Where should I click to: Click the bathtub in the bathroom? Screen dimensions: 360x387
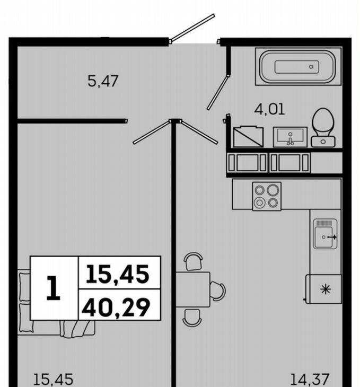click(298, 67)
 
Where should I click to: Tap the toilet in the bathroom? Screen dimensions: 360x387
click(323, 128)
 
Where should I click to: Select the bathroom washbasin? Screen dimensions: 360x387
click(290, 137)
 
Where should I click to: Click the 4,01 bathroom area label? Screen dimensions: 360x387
click(269, 109)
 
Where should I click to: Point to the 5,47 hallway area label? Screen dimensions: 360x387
click(103, 81)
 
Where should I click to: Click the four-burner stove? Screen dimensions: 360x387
click(267, 196)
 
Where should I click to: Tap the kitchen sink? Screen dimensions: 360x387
click(325, 234)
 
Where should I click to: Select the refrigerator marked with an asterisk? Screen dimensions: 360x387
click(324, 289)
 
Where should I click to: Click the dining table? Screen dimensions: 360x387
click(192, 289)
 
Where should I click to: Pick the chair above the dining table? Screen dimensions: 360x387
click(194, 261)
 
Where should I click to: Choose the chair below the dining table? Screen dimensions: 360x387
click(192, 318)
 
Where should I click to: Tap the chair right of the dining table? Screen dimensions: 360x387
click(218, 291)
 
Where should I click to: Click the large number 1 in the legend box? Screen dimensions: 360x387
click(54, 288)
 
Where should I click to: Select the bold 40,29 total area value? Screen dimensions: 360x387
click(116, 307)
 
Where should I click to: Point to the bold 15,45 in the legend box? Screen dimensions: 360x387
click(118, 274)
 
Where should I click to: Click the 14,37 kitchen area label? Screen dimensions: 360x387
click(310, 380)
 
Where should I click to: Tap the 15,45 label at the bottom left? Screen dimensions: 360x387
click(53, 380)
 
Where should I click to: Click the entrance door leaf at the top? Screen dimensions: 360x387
click(192, 28)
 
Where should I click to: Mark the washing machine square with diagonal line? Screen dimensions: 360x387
click(249, 137)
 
